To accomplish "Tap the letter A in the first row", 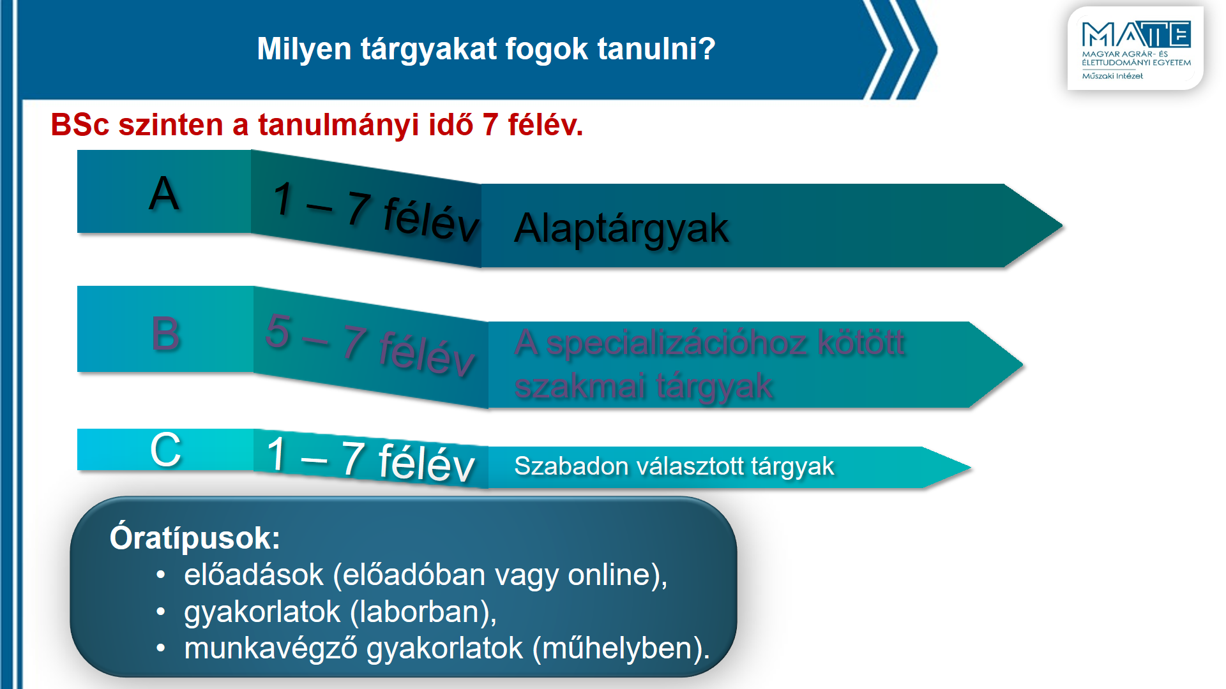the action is click(163, 193).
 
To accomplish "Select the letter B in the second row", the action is click(166, 333).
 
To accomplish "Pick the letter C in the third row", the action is click(165, 450).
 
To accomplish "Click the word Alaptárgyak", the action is click(621, 229).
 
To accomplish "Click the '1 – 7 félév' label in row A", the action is click(375, 211).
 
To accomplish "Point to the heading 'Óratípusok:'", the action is click(195, 538).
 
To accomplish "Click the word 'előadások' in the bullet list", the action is click(254, 575).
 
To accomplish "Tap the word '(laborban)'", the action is click(423, 612).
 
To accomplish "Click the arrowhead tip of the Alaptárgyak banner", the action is click(1062, 225).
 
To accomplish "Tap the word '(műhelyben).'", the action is click(621, 649).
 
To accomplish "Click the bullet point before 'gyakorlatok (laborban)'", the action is click(161, 612).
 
